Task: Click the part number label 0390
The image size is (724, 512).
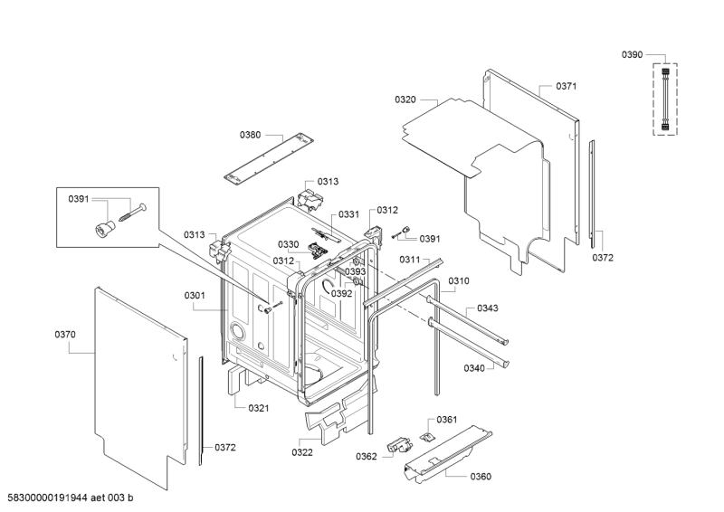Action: pyautogui.click(x=632, y=55)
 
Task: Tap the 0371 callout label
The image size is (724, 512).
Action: pyautogui.click(x=567, y=86)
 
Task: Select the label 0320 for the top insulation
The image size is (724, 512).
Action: pyautogui.click(x=405, y=100)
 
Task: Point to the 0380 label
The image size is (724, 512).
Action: pyautogui.click(x=250, y=135)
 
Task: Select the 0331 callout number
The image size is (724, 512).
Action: pyautogui.click(x=348, y=214)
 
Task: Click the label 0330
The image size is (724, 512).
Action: pyautogui.click(x=288, y=244)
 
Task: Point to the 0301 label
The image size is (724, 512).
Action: pyautogui.click(x=195, y=295)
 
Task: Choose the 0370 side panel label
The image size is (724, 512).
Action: pyautogui.click(x=64, y=335)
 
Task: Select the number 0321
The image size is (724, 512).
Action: pyautogui.click(x=259, y=408)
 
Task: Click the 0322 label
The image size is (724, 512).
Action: pyautogui.click(x=302, y=452)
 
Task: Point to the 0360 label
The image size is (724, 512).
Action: pyautogui.click(x=481, y=477)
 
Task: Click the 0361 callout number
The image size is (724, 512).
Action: pyautogui.click(x=447, y=420)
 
